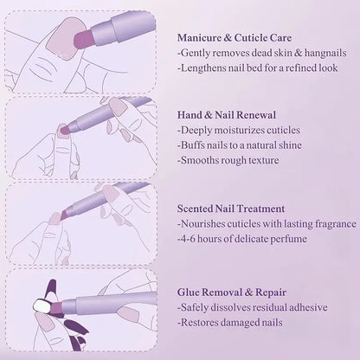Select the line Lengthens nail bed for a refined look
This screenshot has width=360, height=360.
pos(257,67)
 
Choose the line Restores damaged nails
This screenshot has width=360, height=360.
pos(234,323)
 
